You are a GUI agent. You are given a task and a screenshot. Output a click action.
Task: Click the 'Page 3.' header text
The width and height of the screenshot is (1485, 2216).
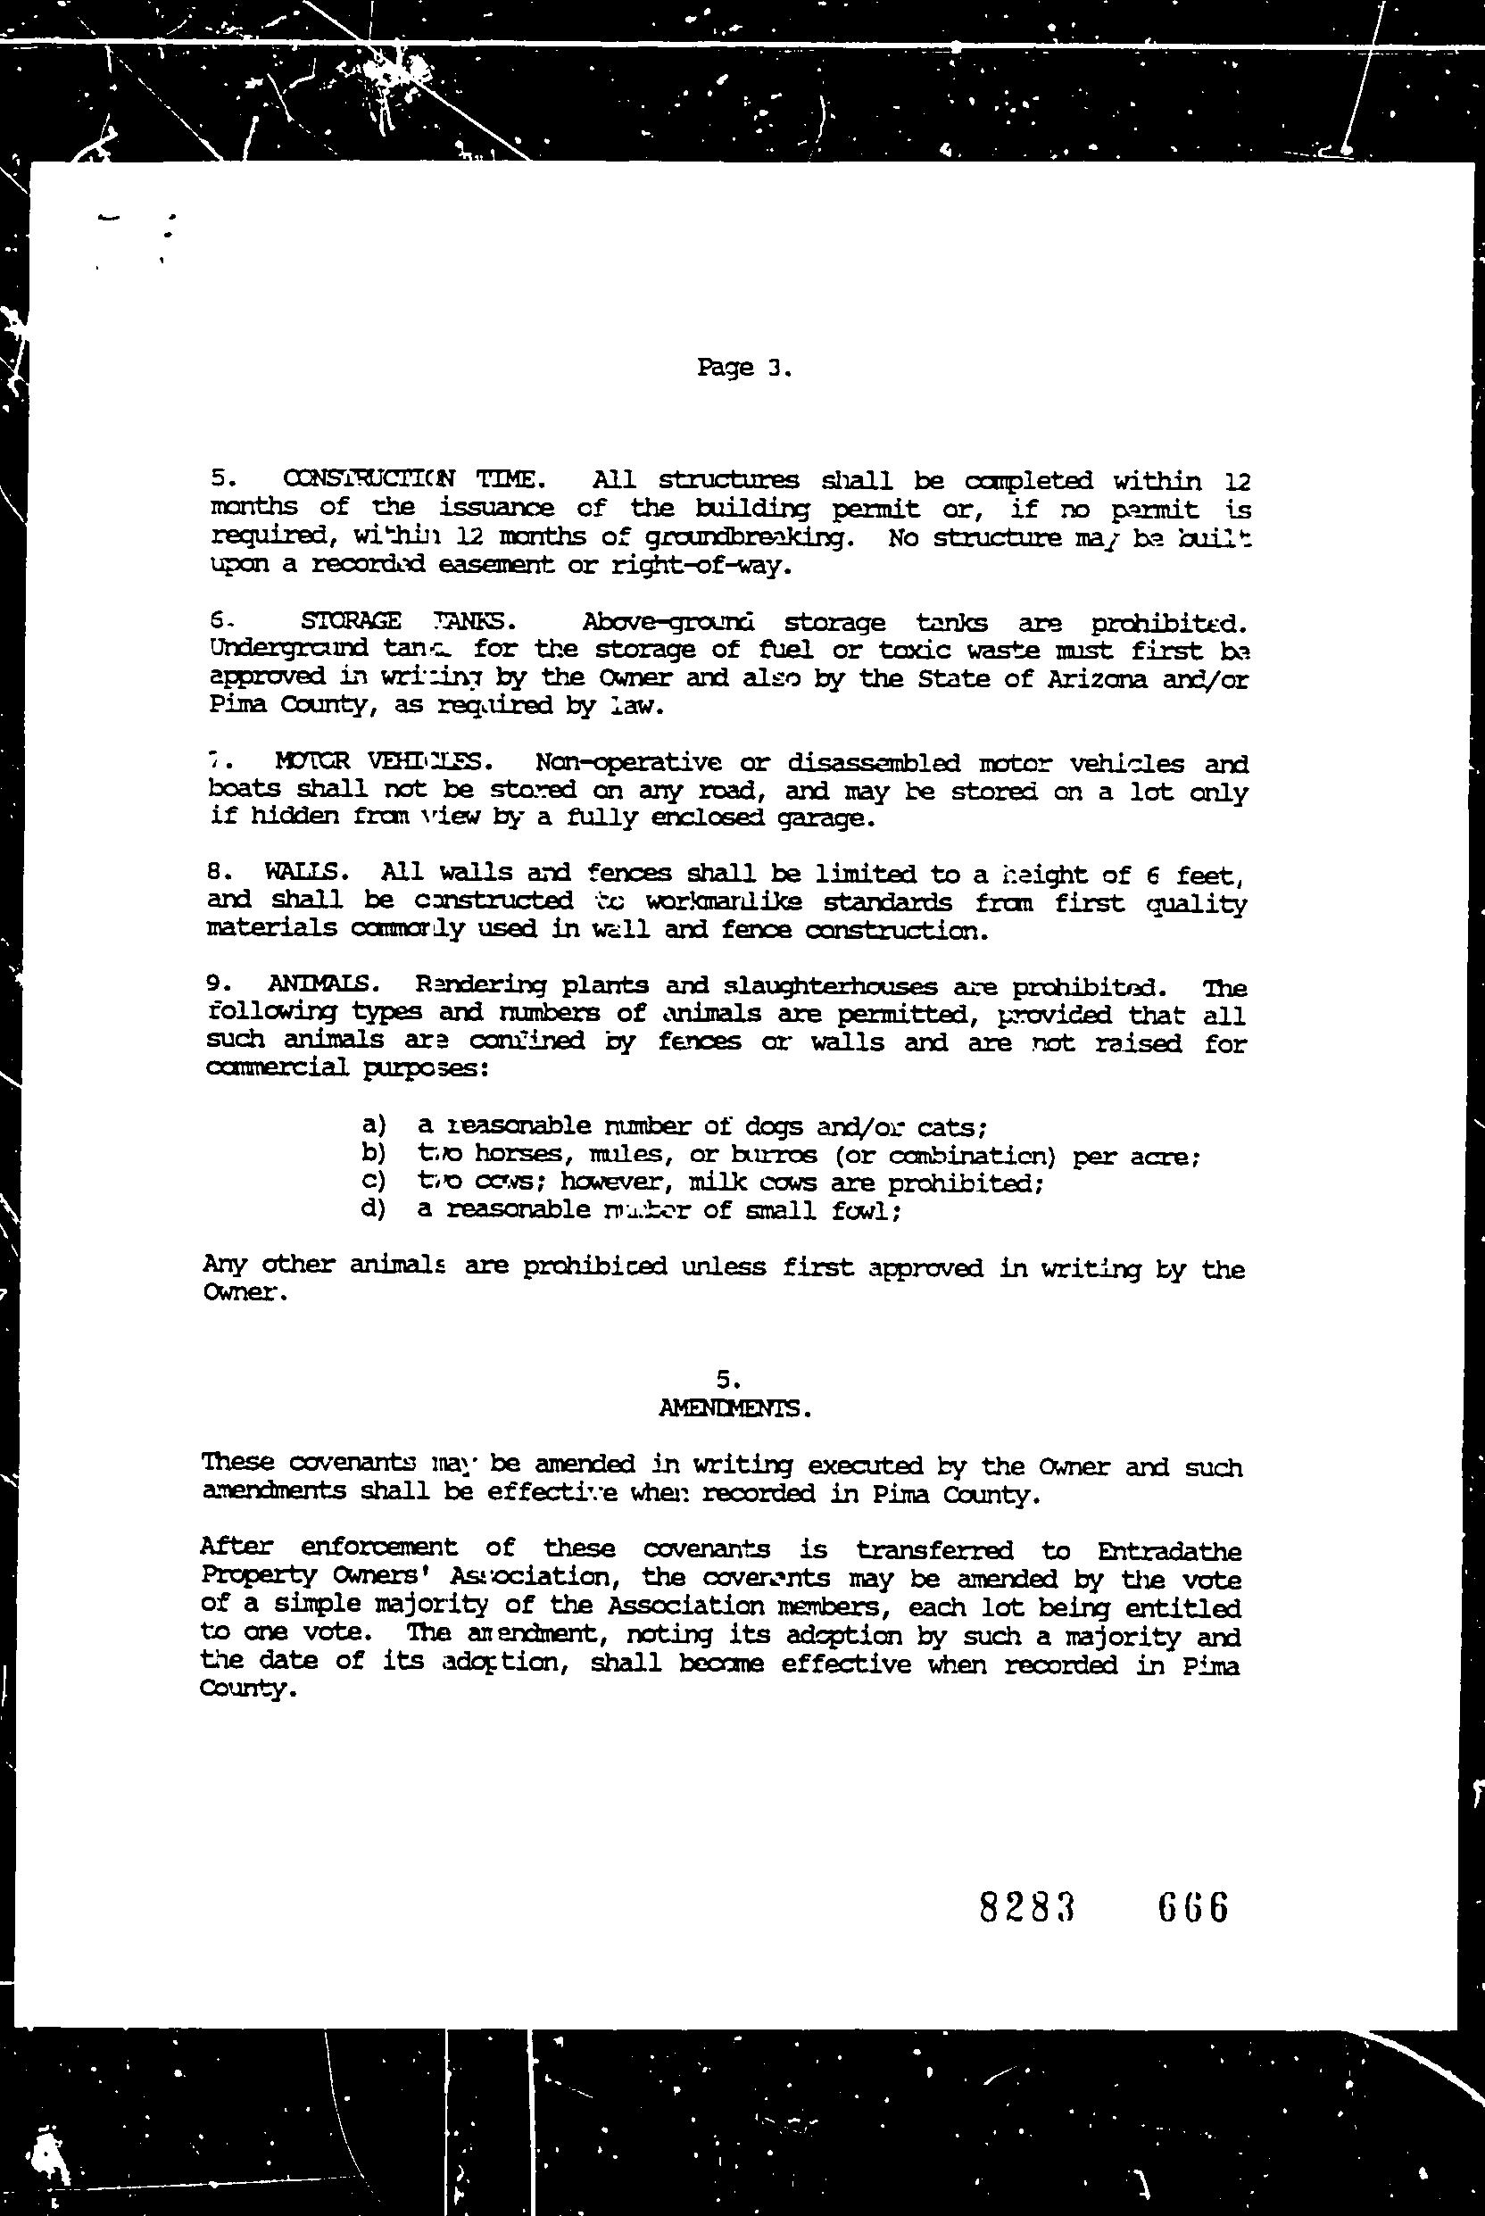[x=742, y=368]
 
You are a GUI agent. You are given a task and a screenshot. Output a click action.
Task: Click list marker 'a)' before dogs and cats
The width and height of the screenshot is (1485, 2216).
[x=374, y=1125]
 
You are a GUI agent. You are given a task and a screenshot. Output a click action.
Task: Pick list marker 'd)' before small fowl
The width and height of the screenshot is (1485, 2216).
[x=374, y=1209]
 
